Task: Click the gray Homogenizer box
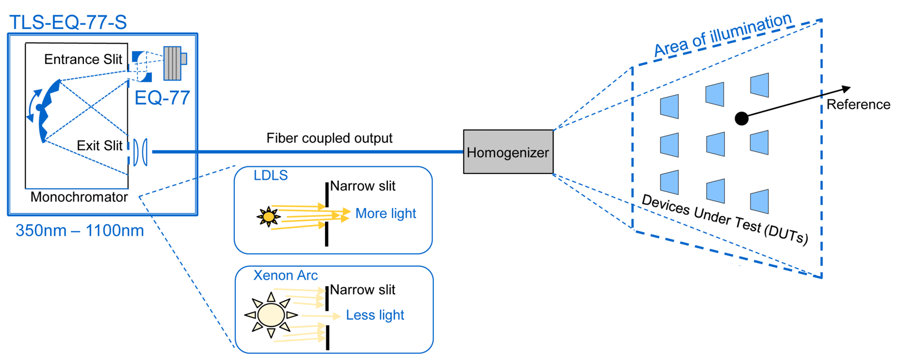tap(508, 152)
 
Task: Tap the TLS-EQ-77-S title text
tap(68, 22)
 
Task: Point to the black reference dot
tap(741, 118)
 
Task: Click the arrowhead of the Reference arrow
tap(846, 89)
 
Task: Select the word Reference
tap(858, 105)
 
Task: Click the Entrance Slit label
tap(83, 60)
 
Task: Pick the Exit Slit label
tap(99, 145)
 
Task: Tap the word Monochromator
tap(79, 197)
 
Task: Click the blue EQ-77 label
tap(162, 98)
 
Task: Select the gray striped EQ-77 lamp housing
tap(173, 63)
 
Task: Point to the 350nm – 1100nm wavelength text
tap(79, 231)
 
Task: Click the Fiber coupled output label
tap(329, 138)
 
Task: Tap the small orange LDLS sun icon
tap(268, 216)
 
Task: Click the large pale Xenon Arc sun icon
tap(271, 315)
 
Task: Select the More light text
tap(385, 214)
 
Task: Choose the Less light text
tap(374, 315)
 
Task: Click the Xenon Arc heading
tap(285, 275)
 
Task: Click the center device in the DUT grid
tap(715, 144)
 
